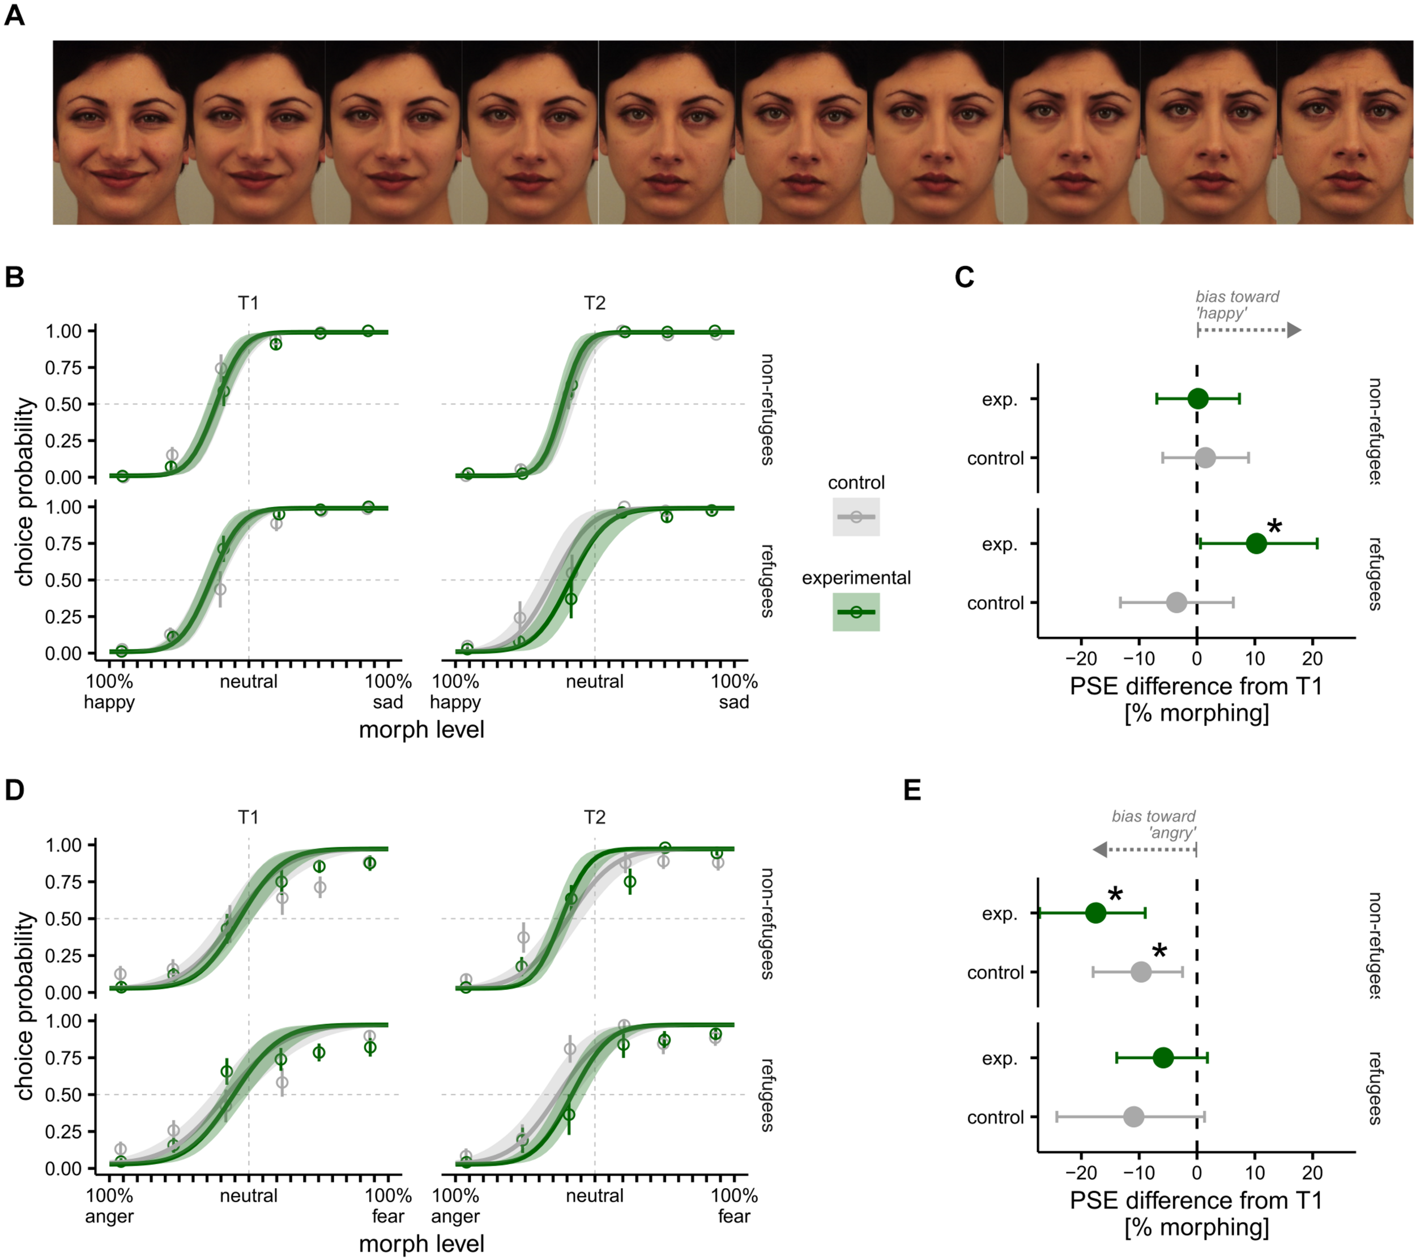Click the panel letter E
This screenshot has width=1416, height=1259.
(912, 789)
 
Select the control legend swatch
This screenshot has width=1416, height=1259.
(856, 517)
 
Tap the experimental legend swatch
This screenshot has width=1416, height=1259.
(856, 612)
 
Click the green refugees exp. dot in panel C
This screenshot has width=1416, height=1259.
(1256, 544)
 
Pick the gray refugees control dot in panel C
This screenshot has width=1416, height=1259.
(1176, 603)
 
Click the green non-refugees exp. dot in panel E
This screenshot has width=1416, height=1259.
(1095, 913)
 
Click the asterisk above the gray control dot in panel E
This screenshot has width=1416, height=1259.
(1159, 952)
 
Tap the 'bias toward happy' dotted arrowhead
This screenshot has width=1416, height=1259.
(1294, 330)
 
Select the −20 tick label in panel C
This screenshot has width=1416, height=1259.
(1081, 658)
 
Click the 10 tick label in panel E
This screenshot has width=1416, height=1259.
(1255, 1172)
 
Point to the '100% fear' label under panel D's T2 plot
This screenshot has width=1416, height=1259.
(733, 1206)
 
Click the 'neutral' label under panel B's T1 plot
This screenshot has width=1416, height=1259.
(248, 681)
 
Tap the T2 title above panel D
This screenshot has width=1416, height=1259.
(594, 817)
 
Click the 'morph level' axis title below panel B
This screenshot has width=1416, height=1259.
(421, 729)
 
